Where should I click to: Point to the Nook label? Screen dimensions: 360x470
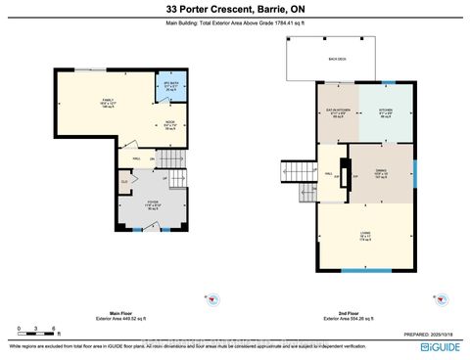click(x=169, y=125)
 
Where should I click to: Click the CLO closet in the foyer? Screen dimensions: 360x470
click(x=124, y=181)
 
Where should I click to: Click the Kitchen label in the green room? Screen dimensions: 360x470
click(x=384, y=113)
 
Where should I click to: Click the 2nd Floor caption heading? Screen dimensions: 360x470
click(x=364, y=312)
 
